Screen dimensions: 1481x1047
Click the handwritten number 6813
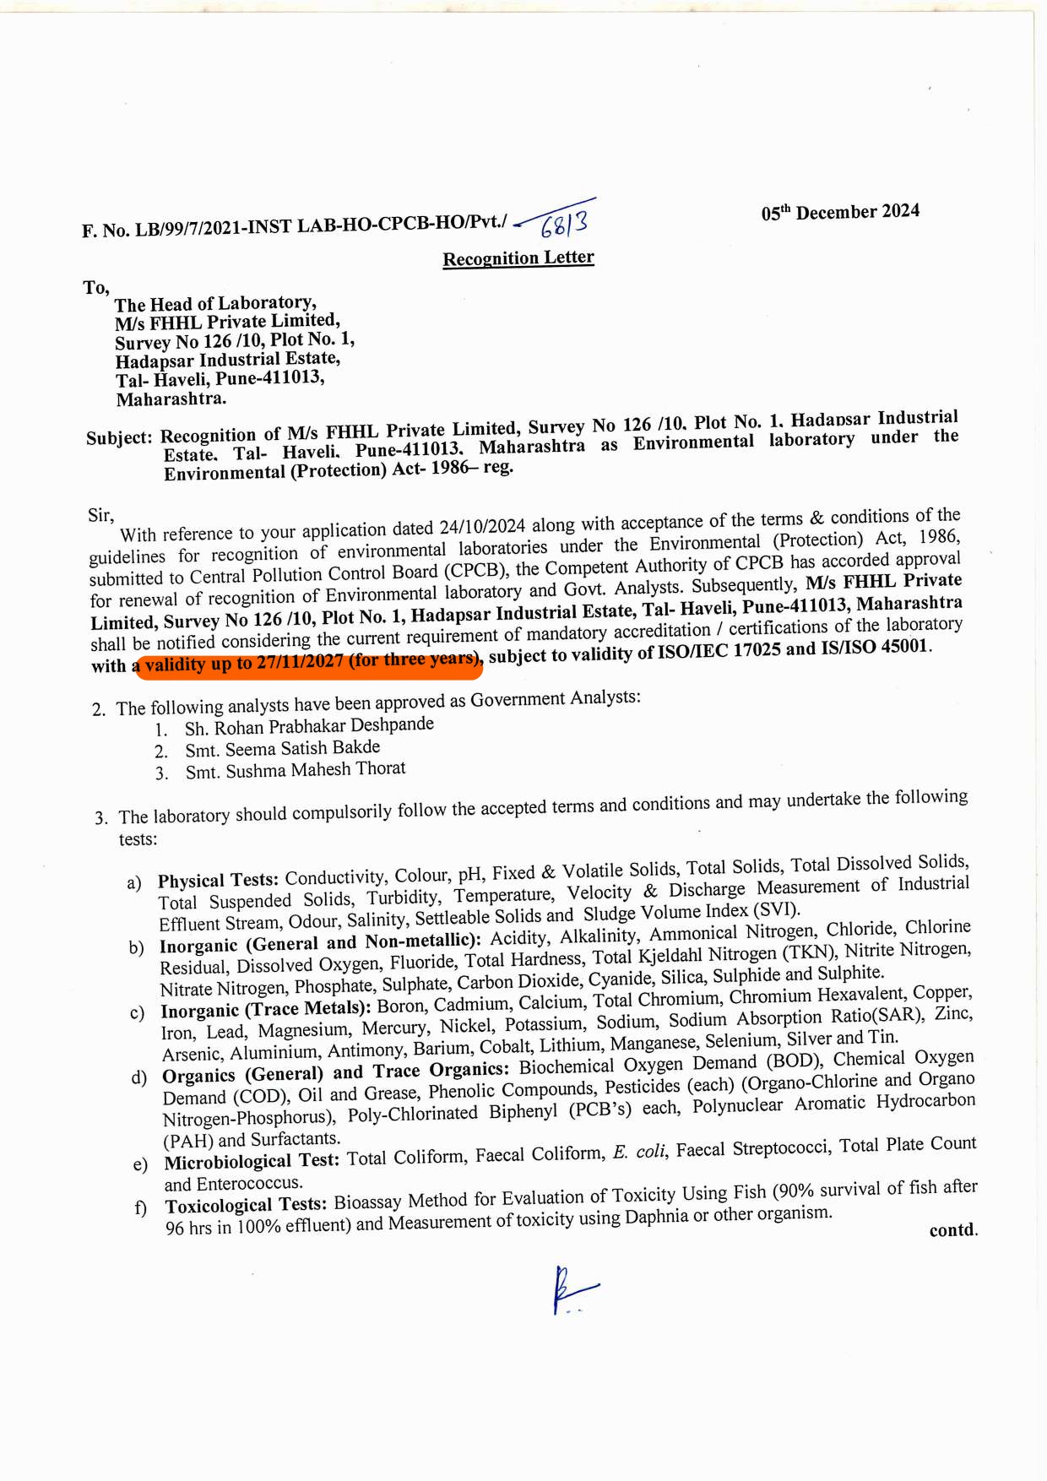[x=564, y=223]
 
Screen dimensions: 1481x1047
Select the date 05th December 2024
[x=840, y=212]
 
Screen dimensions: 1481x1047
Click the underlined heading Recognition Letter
[x=518, y=258]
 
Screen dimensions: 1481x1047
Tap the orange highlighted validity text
[x=309, y=662]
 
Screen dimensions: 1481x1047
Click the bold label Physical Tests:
[x=218, y=880]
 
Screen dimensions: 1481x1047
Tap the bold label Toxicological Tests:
[x=246, y=1205]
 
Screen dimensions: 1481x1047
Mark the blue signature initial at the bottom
[x=570, y=1289]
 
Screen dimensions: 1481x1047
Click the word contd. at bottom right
[x=953, y=1230]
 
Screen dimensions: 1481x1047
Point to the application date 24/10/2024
[x=482, y=528]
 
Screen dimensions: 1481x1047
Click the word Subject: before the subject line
[x=119, y=437]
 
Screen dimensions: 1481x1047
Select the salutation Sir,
[x=100, y=515]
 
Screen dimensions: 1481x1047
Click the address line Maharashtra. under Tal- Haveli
[x=171, y=399]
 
